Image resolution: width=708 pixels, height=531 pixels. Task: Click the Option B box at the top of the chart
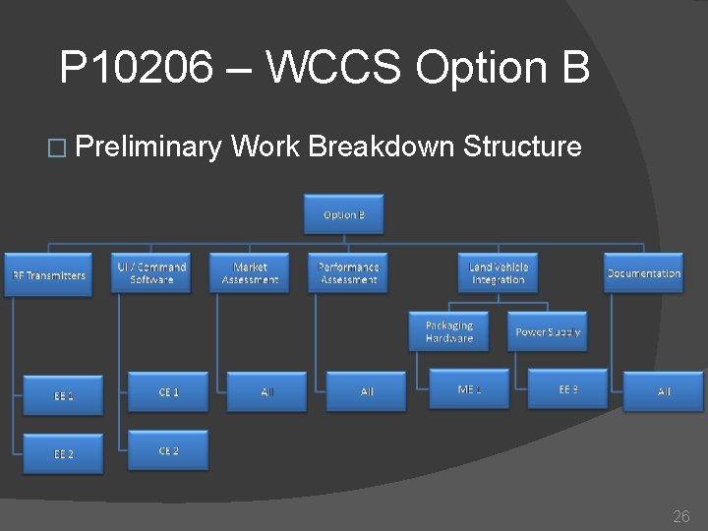coord(343,214)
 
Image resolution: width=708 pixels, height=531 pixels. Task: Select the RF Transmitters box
coord(49,274)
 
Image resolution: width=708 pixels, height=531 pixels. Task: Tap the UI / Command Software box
coord(151,273)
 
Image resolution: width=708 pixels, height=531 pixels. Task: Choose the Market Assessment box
coord(250,273)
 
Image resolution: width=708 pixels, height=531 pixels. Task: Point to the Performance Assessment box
coord(348,273)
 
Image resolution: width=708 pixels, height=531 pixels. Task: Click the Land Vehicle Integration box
coord(499,273)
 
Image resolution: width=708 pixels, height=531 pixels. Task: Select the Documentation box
coord(643,273)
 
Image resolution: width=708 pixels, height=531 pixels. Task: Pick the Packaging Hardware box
coord(449,331)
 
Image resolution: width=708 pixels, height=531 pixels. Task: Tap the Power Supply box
coord(548,331)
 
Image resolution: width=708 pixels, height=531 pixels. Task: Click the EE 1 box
coord(64,395)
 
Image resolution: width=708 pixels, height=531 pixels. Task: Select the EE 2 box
coord(64,454)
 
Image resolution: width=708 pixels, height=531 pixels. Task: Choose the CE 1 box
coord(168,391)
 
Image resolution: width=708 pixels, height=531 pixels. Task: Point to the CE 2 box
coord(168,450)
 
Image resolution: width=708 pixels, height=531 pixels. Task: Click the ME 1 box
coord(469,389)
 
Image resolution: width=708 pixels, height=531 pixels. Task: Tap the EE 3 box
coord(568,389)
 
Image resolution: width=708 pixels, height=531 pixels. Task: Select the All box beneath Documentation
coord(664,391)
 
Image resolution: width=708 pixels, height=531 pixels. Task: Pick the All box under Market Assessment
coord(267,391)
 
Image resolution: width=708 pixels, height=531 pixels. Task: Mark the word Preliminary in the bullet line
coord(147,147)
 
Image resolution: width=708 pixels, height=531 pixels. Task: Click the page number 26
coord(680,516)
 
